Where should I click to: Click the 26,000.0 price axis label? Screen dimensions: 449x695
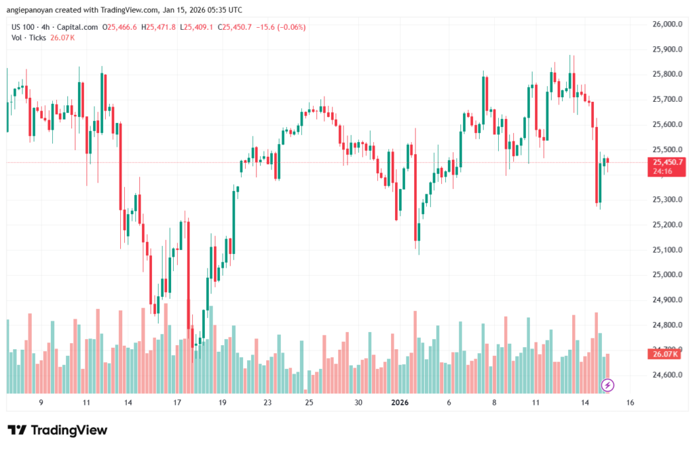(x=666, y=24)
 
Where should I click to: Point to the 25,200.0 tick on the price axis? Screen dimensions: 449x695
(x=666, y=225)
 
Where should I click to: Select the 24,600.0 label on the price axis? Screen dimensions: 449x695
(x=666, y=375)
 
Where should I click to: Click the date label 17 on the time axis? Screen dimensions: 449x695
(x=177, y=403)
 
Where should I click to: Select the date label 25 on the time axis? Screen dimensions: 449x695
(x=309, y=403)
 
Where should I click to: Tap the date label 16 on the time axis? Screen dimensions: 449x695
(x=630, y=403)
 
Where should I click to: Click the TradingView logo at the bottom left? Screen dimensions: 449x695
(x=58, y=430)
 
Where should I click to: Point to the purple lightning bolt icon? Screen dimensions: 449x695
(x=608, y=386)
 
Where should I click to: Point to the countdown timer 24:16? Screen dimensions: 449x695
(x=662, y=171)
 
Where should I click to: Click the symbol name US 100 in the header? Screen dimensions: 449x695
(x=23, y=27)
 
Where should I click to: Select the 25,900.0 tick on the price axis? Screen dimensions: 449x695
(x=666, y=50)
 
